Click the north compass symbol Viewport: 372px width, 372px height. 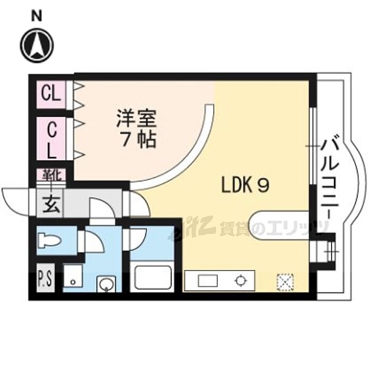point(37,46)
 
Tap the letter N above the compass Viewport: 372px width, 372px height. point(37,17)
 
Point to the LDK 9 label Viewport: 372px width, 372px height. point(246,185)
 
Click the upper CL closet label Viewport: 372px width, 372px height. point(51,94)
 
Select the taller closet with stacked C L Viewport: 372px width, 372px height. point(51,138)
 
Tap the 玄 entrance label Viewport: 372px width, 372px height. point(51,204)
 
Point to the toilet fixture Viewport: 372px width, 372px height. point(50,240)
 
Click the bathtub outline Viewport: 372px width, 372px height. point(153,277)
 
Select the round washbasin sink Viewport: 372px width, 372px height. point(106,283)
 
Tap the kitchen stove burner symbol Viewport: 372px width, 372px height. point(240,281)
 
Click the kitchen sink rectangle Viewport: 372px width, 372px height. point(208,281)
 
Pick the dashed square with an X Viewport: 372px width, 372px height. point(285,282)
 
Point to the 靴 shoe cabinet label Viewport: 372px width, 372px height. point(52,175)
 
